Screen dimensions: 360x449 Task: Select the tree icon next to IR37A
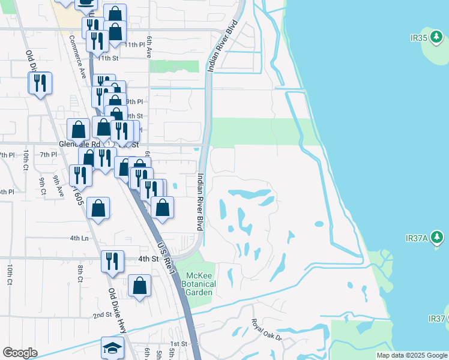(438, 238)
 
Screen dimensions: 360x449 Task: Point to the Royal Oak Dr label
(266, 331)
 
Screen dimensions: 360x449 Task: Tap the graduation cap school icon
(112, 348)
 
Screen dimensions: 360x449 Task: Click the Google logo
(20, 353)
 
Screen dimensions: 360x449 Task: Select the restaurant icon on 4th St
(112, 260)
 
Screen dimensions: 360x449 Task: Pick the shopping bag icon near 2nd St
(139, 286)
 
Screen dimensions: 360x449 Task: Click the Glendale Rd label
(79, 145)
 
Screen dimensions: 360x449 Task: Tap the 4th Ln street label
(79, 238)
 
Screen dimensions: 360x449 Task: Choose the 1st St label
(178, 344)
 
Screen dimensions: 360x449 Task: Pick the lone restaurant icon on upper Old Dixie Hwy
(40, 83)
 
